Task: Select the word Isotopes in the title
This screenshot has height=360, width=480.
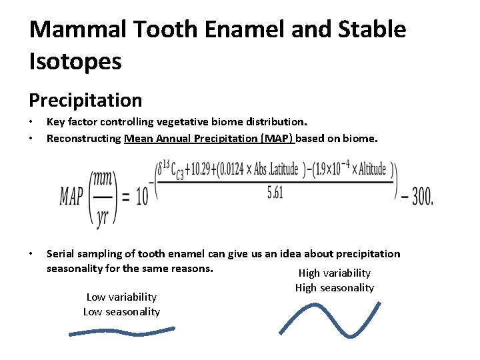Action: (x=75, y=61)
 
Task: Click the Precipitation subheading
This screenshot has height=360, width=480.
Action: (x=85, y=101)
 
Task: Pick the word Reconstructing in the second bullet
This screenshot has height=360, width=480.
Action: (x=84, y=139)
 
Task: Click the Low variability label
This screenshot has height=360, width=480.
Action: (x=121, y=297)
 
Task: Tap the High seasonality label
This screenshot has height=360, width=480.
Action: (x=334, y=288)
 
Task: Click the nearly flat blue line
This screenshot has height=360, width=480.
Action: (x=121, y=331)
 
